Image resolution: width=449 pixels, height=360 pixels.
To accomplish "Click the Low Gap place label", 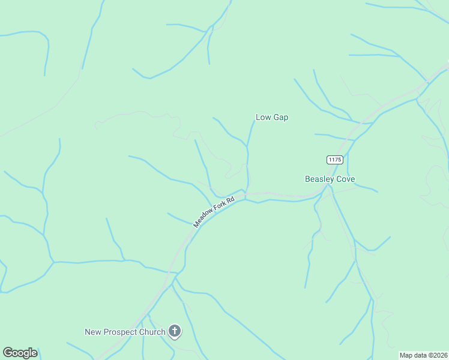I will [272, 118].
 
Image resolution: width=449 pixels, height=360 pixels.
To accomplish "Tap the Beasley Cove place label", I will [330, 179].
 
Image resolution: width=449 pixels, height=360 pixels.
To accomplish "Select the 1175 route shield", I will [335, 159].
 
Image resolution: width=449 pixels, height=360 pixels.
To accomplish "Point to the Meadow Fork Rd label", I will [214, 211].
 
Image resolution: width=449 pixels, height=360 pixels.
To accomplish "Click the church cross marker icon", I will [175, 331].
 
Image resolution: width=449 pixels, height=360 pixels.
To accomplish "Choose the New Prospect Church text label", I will [125, 332].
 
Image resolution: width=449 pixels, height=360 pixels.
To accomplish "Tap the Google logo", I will [20, 353].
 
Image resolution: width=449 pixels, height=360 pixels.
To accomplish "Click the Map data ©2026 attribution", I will [423, 355].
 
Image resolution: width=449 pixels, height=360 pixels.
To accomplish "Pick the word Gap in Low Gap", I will [280, 118].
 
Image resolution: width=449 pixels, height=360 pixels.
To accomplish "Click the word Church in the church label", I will [153, 332].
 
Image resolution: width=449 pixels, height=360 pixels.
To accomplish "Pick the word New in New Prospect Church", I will [93, 332].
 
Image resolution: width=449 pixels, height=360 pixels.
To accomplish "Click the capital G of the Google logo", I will [8, 353].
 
